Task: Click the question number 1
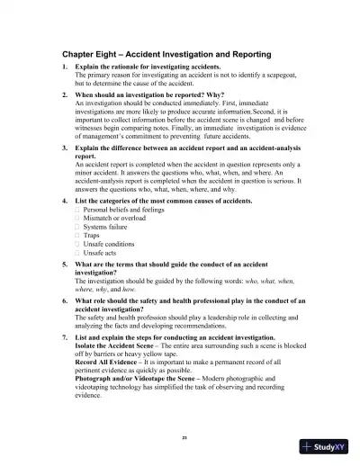64,67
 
